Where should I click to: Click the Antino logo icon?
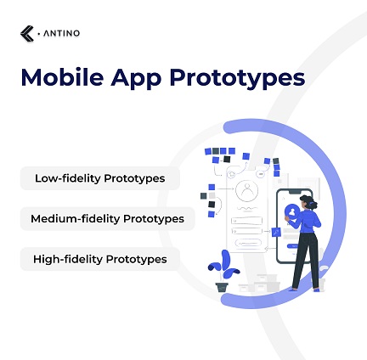click(27, 34)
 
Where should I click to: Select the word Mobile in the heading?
click(57, 77)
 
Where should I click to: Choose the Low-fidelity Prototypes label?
click(100, 178)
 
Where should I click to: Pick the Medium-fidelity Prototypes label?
click(107, 218)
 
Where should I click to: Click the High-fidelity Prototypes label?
click(100, 259)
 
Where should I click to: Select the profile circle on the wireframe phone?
click(246, 191)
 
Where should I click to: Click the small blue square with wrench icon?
click(275, 232)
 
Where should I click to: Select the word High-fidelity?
click(68, 259)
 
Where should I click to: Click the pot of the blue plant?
click(223, 286)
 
